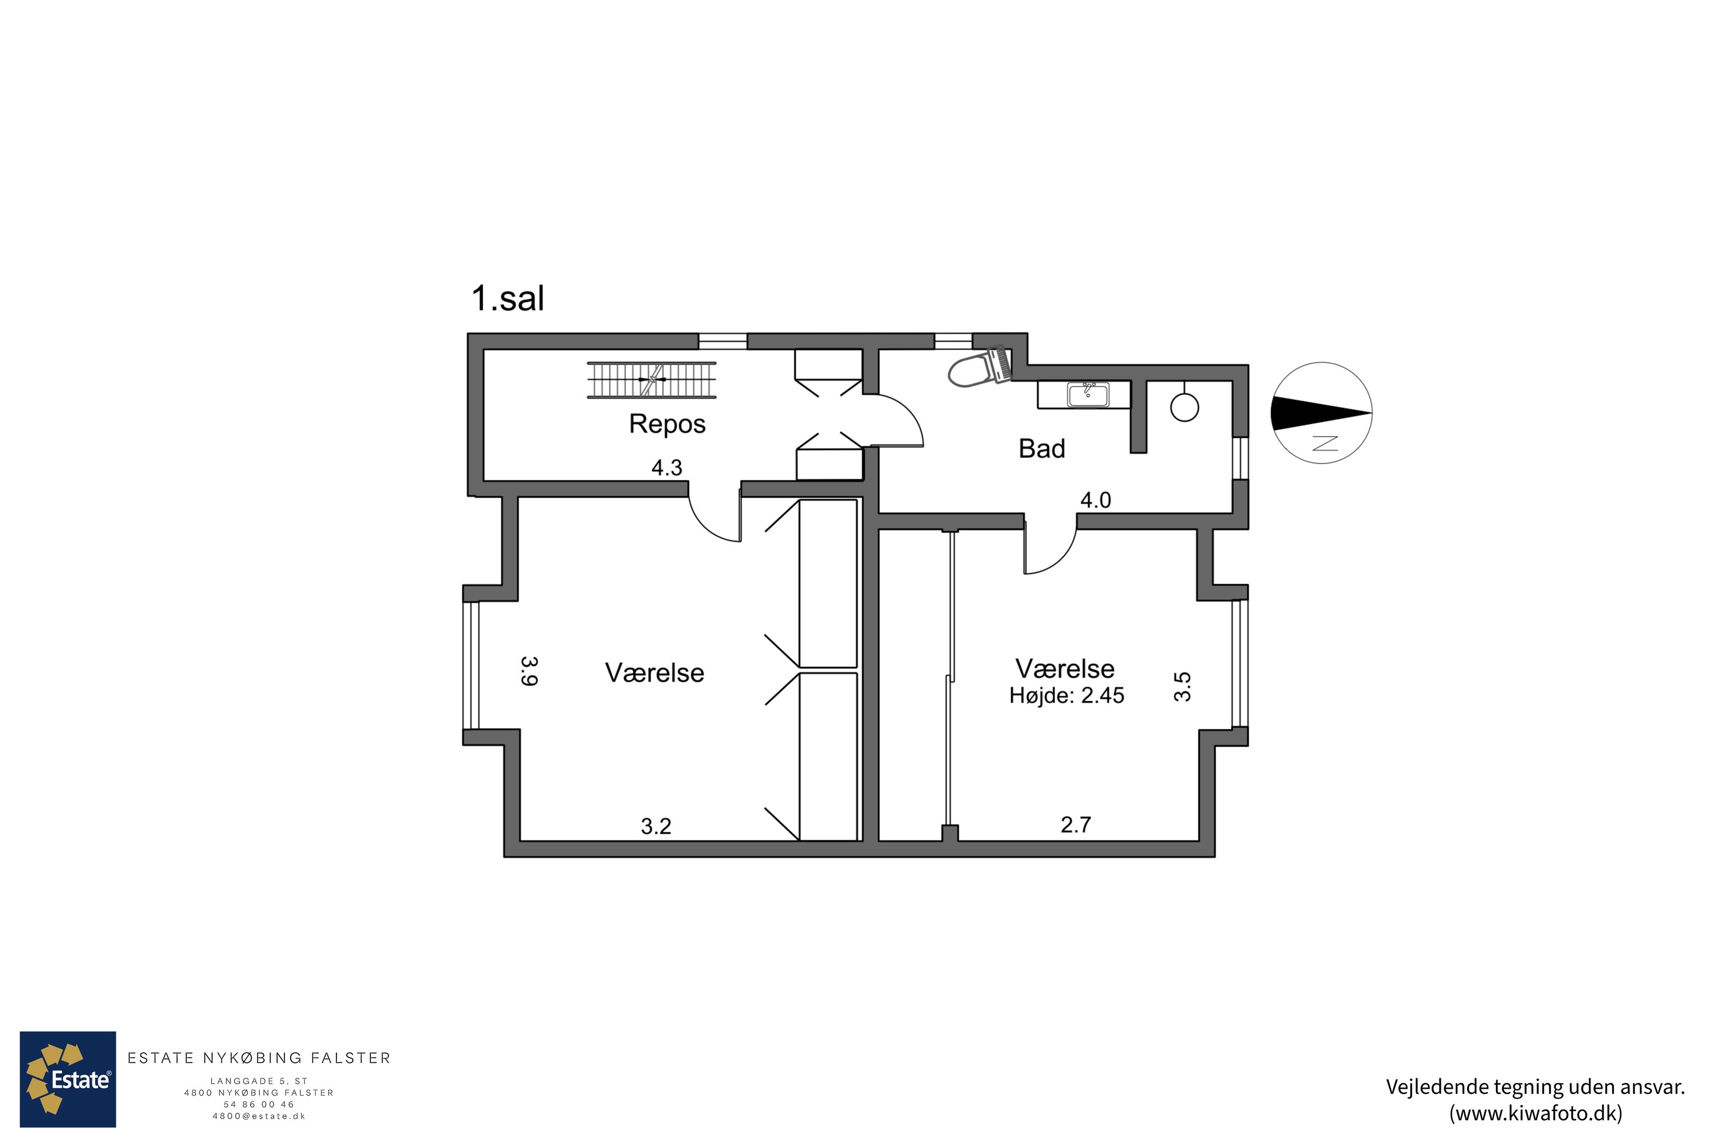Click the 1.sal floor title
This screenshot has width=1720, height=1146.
pyautogui.click(x=507, y=298)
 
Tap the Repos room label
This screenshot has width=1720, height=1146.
pyautogui.click(x=667, y=425)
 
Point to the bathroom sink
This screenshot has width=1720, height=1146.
pyautogui.click(x=1088, y=395)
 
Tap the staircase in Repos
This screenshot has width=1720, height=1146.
pyautogui.click(x=651, y=380)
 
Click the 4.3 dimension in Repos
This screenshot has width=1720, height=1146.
pyautogui.click(x=666, y=468)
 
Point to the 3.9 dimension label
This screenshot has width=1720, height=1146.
pyautogui.click(x=529, y=671)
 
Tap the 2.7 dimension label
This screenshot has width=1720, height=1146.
pyautogui.click(x=1076, y=825)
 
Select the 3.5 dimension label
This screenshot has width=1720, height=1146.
pyautogui.click(x=1182, y=687)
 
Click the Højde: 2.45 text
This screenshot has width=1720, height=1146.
pyautogui.click(x=1066, y=696)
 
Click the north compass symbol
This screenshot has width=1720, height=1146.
pyautogui.click(x=1322, y=413)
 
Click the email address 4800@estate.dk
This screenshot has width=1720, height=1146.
pyautogui.click(x=259, y=1116)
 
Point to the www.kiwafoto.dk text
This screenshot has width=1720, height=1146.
pyautogui.click(x=1536, y=1113)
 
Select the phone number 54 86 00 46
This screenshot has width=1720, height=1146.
pyautogui.click(x=259, y=1104)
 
